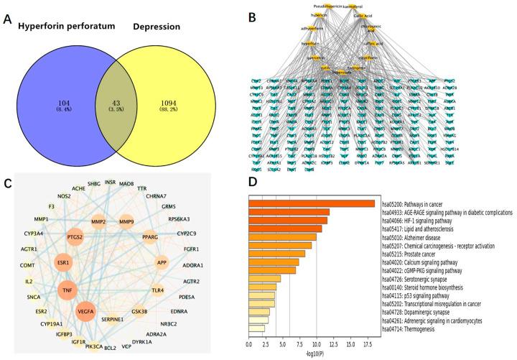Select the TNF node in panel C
67,292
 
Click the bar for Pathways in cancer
311,203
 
